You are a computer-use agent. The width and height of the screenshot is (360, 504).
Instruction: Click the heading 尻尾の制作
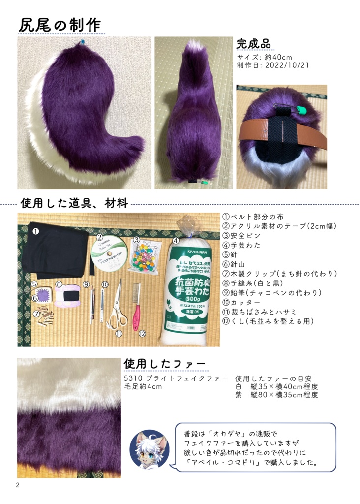60,25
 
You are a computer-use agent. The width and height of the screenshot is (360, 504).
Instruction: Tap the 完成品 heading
253,43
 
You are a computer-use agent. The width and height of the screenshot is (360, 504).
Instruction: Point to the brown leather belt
282,132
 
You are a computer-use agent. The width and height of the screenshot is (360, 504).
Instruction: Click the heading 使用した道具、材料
74,202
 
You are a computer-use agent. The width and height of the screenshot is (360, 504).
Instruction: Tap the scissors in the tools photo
117,305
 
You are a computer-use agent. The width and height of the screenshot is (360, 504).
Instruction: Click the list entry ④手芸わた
241,245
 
